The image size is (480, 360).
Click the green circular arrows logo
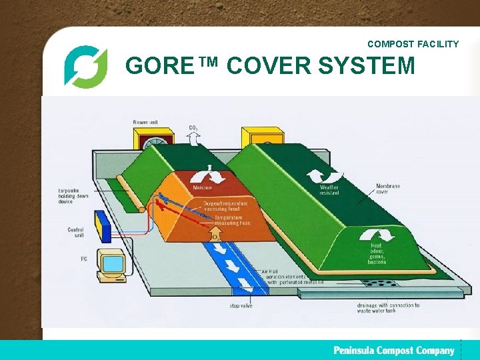[x=85, y=66]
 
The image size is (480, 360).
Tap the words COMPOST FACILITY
[x=413, y=44]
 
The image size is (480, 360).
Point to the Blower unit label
[x=145, y=123]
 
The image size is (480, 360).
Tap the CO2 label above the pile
[x=193, y=127]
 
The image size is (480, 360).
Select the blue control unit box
[x=102, y=225]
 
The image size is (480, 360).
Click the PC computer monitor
[x=111, y=264]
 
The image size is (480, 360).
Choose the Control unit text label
[x=75, y=233]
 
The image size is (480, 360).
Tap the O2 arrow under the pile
[x=215, y=236]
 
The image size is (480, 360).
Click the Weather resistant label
[x=329, y=189]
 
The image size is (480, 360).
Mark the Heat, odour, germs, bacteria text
[x=377, y=253]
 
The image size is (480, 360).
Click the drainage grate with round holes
[x=381, y=283]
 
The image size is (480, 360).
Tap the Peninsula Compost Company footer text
[x=394, y=350]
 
